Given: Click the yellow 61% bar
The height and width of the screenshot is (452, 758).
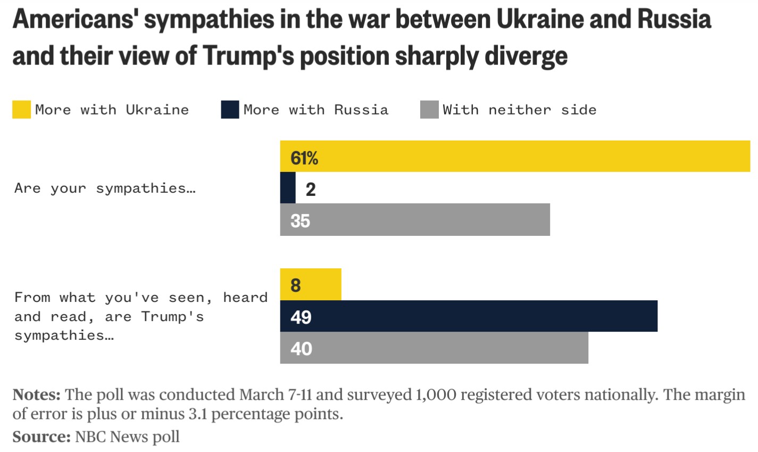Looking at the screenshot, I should (515, 157).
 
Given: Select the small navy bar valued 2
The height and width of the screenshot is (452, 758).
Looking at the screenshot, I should (288, 188).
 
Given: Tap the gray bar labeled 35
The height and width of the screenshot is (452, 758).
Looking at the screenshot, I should (415, 220).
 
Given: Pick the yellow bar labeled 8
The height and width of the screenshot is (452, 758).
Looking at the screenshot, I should (311, 284).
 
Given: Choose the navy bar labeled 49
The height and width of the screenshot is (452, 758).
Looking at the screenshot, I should (469, 316).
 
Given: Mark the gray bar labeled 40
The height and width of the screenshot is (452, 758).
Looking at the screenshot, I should (434, 348).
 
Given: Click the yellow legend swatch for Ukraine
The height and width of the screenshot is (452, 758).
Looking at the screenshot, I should (22, 110).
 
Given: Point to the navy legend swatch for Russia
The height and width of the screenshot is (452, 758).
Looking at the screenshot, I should (230, 110).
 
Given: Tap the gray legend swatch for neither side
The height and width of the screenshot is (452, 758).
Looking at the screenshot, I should (429, 110).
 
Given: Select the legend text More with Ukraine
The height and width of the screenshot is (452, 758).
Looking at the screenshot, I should (112, 110).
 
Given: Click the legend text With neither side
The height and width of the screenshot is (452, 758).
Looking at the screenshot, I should (519, 110).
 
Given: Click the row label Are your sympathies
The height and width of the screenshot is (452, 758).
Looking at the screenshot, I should (105, 188).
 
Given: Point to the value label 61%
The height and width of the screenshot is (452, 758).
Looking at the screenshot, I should (304, 158).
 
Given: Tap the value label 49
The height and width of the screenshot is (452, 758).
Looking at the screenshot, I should (301, 317).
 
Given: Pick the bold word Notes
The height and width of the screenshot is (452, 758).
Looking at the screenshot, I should (36, 395).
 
